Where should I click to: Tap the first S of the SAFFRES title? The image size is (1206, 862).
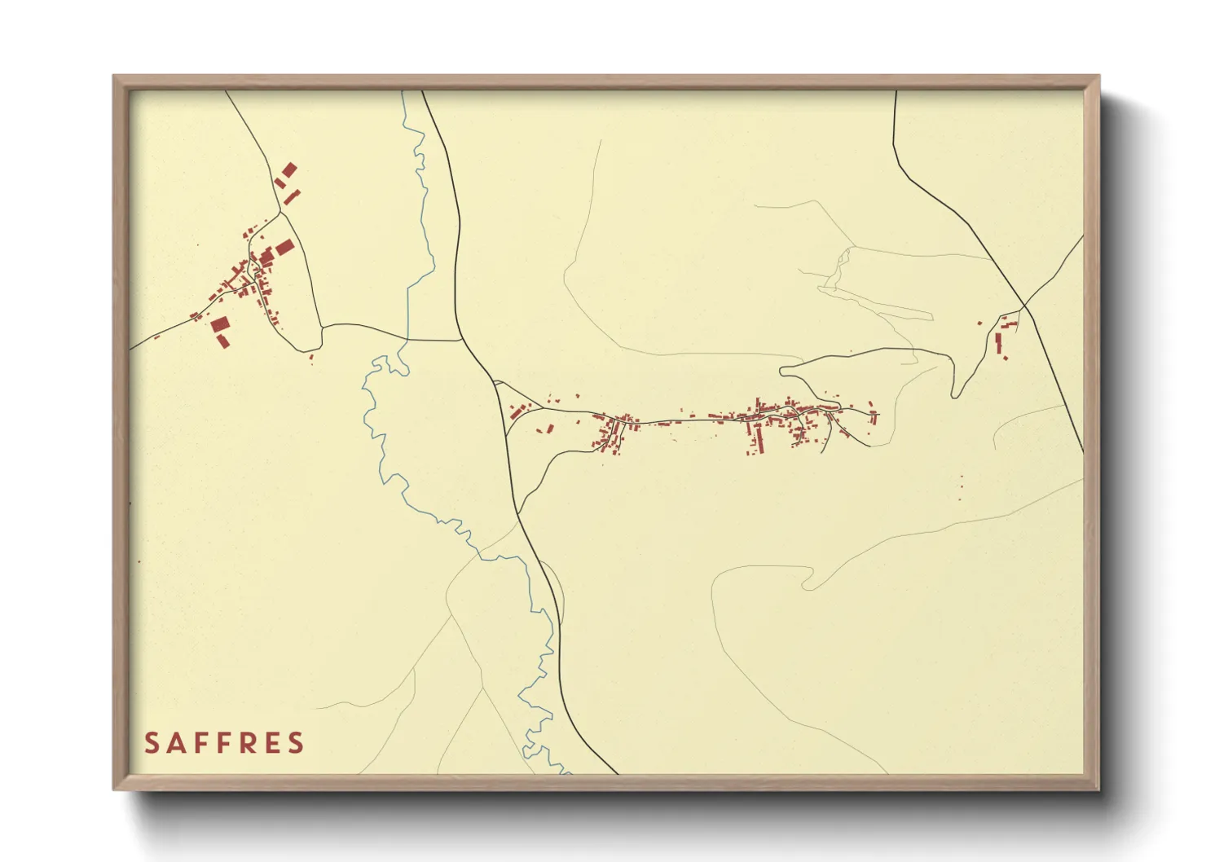152,743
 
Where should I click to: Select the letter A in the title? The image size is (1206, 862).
174,743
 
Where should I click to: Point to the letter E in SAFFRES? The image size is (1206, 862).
270,743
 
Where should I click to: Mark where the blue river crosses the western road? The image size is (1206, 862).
407,339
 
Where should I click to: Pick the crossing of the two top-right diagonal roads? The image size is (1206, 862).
1024,307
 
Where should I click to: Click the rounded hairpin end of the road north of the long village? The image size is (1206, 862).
783,372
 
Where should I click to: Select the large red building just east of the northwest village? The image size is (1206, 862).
284,246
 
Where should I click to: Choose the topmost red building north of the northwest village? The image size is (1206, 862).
288,169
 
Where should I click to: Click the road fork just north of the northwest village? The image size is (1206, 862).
279,213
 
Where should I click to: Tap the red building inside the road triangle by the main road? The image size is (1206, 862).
514,411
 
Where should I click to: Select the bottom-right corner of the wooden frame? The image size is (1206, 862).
1098,789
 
